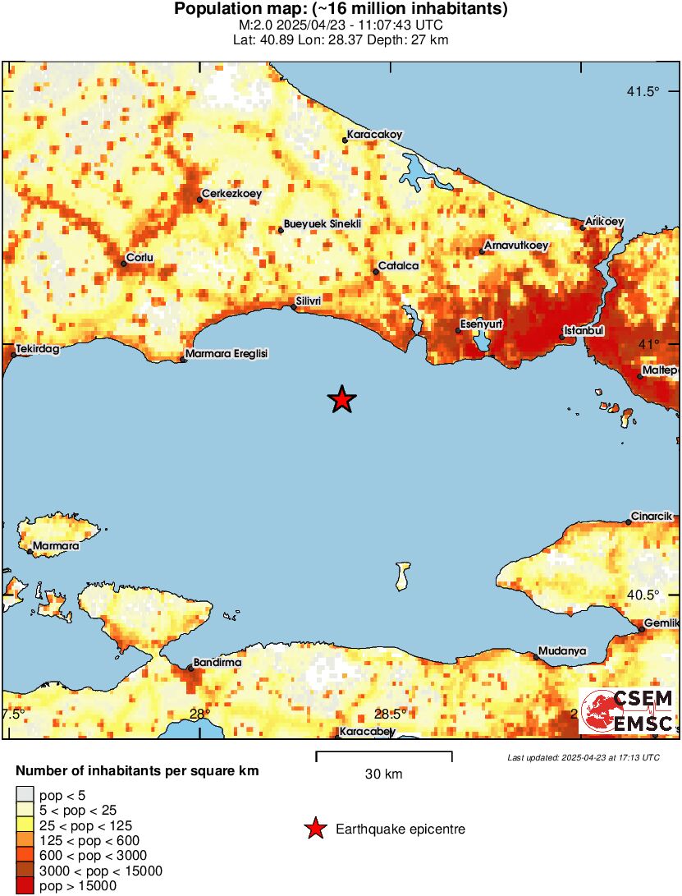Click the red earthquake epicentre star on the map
pyautogui.click(x=342, y=400)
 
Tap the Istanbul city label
pyautogui.click(x=584, y=330)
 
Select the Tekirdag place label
pyautogui.click(x=39, y=349)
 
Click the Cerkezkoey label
pyautogui.click(x=231, y=194)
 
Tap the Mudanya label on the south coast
pyautogui.click(x=562, y=650)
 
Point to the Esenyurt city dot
pyautogui.click(x=458, y=331)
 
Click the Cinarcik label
pyautogui.click(x=652, y=516)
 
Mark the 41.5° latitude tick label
pyautogui.click(x=643, y=91)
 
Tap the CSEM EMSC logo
pyautogui.click(x=627, y=711)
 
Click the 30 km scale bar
pyautogui.click(x=383, y=752)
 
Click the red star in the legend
pyautogui.click(x=314, y=829)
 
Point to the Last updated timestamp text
pyautogui.click(x=583, y=757)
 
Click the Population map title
pyautogui.click(x=341, y=10)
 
